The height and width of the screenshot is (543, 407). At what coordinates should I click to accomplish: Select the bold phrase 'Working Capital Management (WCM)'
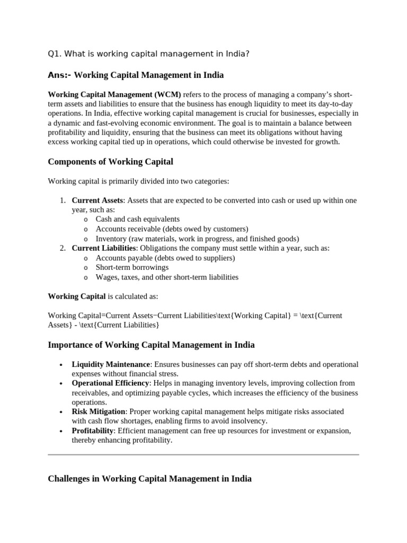[x=114, y=94]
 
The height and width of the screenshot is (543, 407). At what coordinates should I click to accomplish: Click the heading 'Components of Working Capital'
[x=110, y=161]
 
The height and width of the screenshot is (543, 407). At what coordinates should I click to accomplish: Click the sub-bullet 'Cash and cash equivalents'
[x=137, y=219]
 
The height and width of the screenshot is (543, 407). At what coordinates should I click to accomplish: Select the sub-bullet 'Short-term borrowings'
[x=132, y=267]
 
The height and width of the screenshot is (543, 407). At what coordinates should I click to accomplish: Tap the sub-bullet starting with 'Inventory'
[x=197, y=239]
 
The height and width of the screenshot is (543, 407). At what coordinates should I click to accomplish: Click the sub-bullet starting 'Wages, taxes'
[x=167, y=277]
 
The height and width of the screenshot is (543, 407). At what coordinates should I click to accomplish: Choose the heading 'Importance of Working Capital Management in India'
[x=151, y=345]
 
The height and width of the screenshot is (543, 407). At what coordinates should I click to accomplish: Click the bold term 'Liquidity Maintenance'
[x=111, y=364]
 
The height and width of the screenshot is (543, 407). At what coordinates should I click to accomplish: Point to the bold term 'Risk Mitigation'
[x=99, y=411]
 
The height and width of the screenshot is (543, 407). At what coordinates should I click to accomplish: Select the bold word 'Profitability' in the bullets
[x=93, y=431]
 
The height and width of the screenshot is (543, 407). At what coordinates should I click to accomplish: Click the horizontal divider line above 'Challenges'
[x=203, y=454]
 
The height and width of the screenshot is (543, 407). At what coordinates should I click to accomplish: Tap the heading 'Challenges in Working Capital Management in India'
[x=149, y=478]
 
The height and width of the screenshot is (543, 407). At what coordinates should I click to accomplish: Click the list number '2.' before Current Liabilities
[x=63, y=248]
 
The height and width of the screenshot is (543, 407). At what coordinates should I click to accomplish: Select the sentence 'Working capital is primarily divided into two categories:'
[x=138, y=181]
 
